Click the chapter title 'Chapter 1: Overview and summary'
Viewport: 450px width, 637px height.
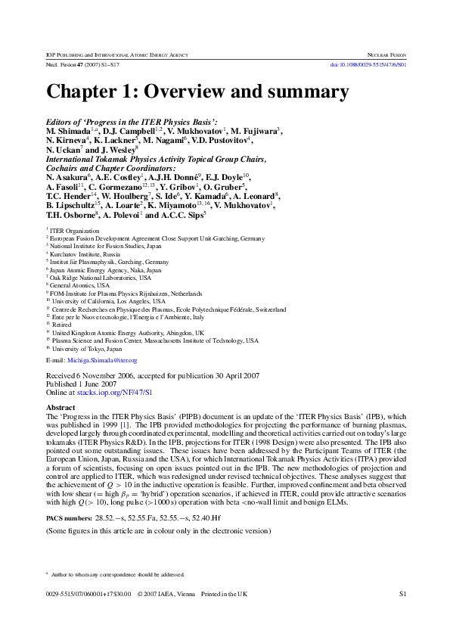(197, 92)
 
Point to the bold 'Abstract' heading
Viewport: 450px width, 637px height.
(61, 408)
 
